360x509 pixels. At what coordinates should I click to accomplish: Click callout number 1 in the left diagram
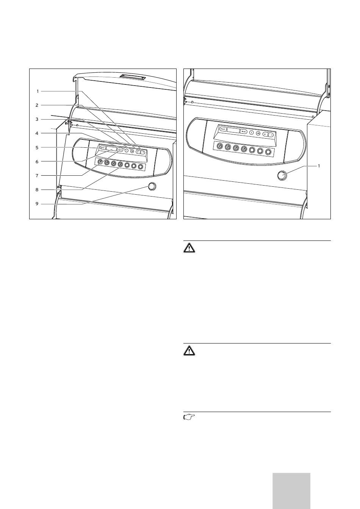click(x=38, y=91)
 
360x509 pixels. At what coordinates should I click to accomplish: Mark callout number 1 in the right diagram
click(x=319, y=166)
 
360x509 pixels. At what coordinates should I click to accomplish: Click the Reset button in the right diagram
click(x=223, y=129)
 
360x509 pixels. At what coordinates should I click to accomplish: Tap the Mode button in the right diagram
click(x=244, y=132)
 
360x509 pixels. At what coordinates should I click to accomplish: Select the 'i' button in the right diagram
click(x=251, y=133)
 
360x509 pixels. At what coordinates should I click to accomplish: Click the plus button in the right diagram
click(x=265, y=134)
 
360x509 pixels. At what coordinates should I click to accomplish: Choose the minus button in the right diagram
click(x=271, y=134)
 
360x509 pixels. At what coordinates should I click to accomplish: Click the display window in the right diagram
click(x=233, y=130)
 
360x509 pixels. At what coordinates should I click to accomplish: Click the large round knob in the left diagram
click(x=152, y=186)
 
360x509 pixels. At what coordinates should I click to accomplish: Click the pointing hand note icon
click(x=189, y=417)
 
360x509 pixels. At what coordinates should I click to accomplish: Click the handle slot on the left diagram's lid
click(x=132, y=78)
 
